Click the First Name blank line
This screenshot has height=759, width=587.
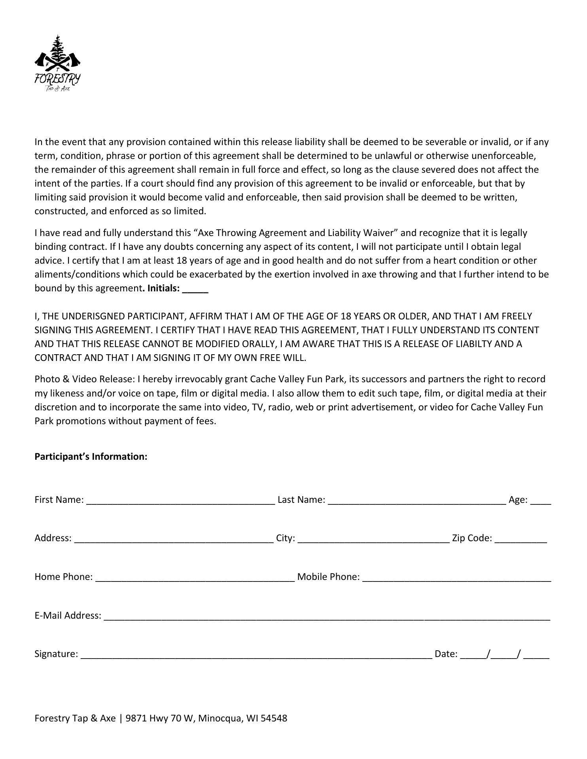click(x=180, y=500)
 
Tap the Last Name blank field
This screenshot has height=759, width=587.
click(x=417, y=500)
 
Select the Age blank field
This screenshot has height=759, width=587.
click(x=541, y=500)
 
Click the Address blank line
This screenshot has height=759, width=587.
click(x=174, y=539)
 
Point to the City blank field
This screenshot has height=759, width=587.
click(x=373, y=539)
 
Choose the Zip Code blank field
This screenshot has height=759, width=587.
click(x=521, y=539)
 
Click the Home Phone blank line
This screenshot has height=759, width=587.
click(x=195, y=578)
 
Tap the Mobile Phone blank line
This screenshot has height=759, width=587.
click(x=456, y=578)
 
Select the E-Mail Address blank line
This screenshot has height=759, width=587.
click(x=327, y=616)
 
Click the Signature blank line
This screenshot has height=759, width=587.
click(x=256, y=655)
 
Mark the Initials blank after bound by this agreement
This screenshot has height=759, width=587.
click(x=195, y=289)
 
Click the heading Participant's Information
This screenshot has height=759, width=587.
click(x=91, y=457)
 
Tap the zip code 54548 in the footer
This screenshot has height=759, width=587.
click(x=274, y=718)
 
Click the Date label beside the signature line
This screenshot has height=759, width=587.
click(x=446, y=654)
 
